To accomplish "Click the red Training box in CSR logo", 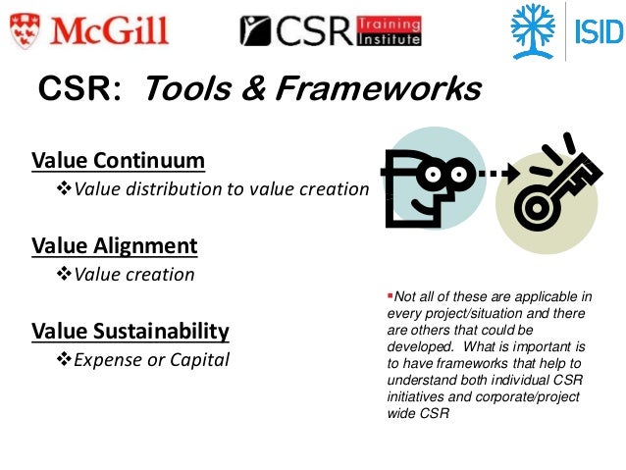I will click(389, 23).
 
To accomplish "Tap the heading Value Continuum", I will click(118, 160).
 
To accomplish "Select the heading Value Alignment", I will click(114, 245).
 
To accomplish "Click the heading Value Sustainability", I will click(130, 331).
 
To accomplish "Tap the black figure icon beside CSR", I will click(257, 30).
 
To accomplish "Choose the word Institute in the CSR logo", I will click(390, 39).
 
